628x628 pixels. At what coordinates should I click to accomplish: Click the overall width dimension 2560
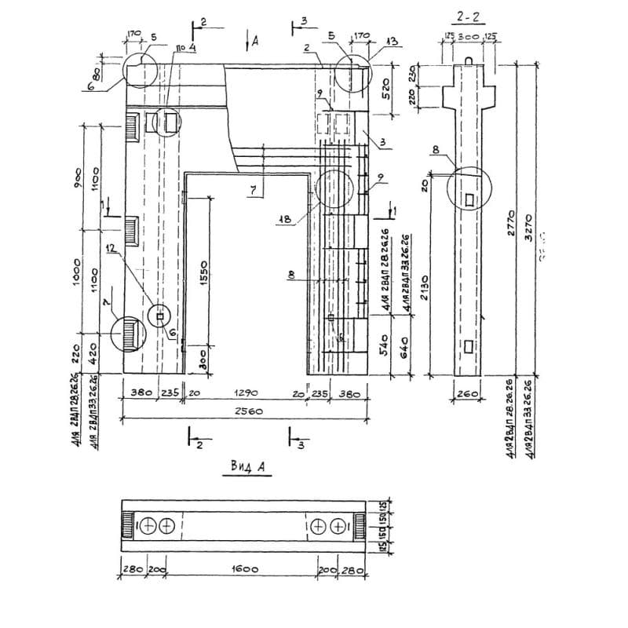(x=246, y=411)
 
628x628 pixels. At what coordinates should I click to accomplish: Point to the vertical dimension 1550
(x=203, y=271)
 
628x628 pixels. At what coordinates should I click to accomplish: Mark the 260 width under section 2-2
(x=469, y=392)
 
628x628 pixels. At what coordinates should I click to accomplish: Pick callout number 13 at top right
(x=393, y=41)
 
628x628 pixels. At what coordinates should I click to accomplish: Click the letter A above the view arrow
(x=257, y=39)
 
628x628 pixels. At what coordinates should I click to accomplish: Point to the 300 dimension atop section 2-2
(x=469, y=36)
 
